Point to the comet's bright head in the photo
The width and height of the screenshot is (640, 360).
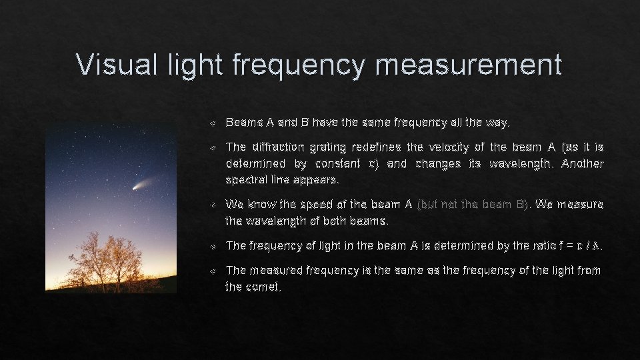tap(137, 187)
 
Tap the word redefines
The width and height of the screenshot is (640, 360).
tap(376, 147)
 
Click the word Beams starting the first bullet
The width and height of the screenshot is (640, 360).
tap(244, 123)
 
